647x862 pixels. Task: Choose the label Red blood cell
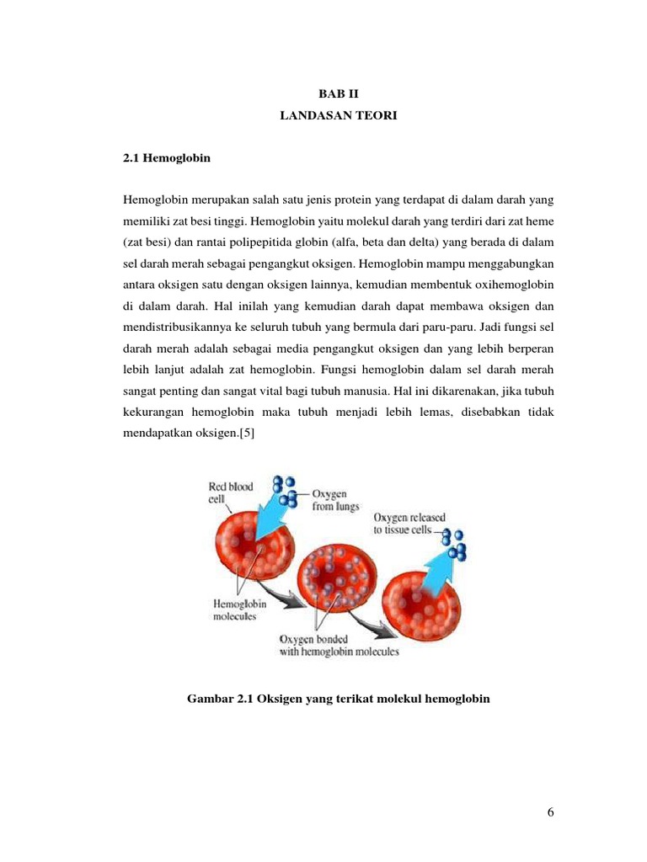pyautogui.click(x=231, y=492)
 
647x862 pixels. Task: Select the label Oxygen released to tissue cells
pyautogui.click(x=410, y=524)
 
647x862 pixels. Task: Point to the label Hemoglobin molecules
pyautogui.click(x=234, y=609)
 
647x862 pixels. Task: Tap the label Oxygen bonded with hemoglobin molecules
pyautogui.click(x=339, y=645)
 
